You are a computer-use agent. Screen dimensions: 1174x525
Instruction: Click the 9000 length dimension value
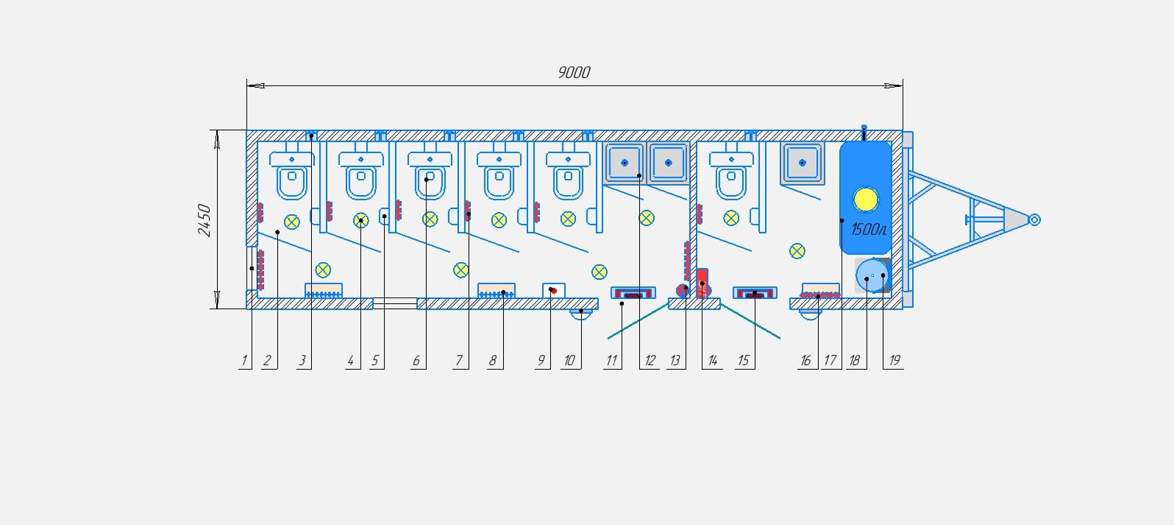pos(574,72)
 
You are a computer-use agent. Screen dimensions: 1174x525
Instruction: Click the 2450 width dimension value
pos(204,220)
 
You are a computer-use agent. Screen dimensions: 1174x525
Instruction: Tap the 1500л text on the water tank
pos(869,229)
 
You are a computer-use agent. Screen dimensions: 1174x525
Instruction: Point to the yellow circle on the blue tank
pos(866,200)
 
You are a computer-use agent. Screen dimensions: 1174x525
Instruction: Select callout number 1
pos(243,361)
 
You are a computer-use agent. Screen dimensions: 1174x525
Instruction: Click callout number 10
pos(569,361)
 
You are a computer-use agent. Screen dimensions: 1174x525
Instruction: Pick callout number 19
pos(894,360)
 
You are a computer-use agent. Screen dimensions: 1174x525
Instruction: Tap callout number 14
pos(713,361)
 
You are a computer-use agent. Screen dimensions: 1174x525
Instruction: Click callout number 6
pos(416,361)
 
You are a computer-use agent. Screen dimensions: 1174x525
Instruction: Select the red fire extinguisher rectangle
pos(702,283)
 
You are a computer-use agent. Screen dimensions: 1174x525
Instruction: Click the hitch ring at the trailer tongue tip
pos(1034,219)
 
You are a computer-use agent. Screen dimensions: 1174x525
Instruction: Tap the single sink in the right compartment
pos(802,163)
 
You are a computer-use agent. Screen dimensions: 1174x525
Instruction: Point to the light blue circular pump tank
pos(872,275)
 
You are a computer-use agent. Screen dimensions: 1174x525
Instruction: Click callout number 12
pos(650,361)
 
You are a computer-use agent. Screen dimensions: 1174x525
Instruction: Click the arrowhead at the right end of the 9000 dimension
pos(894,85)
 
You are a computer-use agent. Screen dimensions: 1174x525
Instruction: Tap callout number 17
pos(830,361)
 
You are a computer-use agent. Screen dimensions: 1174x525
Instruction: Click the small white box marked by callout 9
pos(553,290)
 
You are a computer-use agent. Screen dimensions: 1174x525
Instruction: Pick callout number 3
pos(302,361)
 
